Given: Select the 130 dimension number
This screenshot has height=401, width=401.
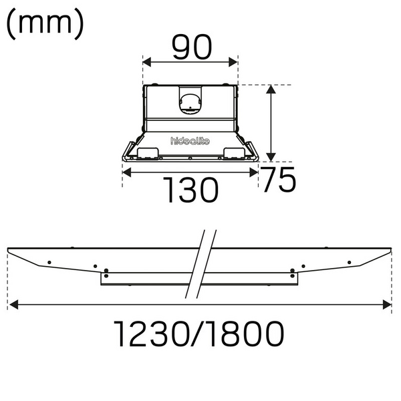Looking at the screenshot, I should (192, 191).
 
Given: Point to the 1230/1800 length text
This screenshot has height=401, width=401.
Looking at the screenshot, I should (198, 333).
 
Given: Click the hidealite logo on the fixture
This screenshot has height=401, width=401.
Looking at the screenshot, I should (190, 140).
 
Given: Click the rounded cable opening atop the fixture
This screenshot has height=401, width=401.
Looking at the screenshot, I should (190, 100).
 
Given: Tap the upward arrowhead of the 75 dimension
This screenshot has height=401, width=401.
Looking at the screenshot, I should (271, 89).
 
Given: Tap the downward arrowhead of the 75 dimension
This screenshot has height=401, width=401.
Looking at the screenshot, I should (271, 155).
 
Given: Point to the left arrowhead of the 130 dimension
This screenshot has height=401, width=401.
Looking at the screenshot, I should (127, 171).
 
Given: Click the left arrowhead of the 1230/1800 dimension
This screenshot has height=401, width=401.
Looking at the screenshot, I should (13, 306).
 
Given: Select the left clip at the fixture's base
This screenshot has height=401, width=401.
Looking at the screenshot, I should (143, 154).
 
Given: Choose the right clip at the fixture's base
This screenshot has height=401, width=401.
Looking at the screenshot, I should (238, 153).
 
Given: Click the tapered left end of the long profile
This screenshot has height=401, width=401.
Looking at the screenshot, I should (27, 260).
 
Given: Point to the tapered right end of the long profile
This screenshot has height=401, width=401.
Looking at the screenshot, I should (371, 259).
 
